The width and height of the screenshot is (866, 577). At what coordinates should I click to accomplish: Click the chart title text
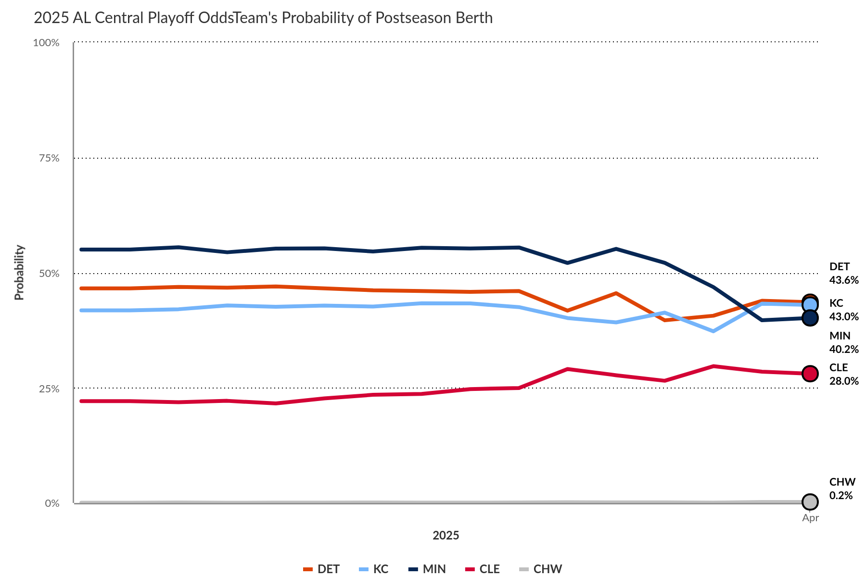tap(263, 18)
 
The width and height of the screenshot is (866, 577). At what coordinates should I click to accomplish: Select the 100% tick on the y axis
tap(46, 43)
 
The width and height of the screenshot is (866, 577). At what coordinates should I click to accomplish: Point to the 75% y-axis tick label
tap(49, 158)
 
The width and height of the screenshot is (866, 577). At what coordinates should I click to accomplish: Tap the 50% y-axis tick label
tap(49, 274)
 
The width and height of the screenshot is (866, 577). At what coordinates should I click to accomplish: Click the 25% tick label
tap(49, 389)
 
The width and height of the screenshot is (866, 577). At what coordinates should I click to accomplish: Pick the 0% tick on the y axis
tap(52, 503)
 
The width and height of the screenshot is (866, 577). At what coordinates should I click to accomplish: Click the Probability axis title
tap(19, 273)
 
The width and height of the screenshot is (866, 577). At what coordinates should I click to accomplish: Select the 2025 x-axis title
tap(446, 536)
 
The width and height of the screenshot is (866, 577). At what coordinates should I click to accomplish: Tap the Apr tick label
tap(810, 518)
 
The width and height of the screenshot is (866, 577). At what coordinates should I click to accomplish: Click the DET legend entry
tap(322, 569)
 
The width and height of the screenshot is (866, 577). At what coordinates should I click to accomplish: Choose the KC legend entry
tap(374, 569)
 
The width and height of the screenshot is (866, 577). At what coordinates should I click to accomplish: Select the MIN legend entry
tap(428, 569)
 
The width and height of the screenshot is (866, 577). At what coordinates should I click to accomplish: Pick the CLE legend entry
tap(483, 569)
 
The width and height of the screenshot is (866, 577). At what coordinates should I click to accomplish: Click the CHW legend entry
tap(541, 569)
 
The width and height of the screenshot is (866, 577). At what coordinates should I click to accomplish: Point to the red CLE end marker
tap(810, 373)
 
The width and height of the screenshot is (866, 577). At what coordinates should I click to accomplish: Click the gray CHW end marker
tap(810, 502)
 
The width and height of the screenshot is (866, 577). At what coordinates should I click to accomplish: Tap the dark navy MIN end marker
tap(810, 318)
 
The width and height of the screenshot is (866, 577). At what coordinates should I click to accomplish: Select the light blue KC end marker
tap(811, 305)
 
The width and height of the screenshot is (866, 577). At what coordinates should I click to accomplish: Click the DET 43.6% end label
tap(843, 273)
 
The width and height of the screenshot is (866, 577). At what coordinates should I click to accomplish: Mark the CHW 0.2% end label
tap(842, 489)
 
